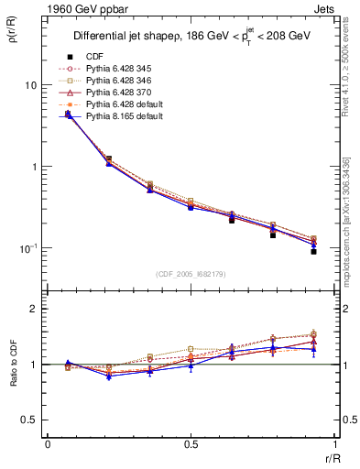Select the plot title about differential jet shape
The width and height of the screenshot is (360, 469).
[190, 37]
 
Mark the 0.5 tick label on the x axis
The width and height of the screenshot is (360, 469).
[191, 445]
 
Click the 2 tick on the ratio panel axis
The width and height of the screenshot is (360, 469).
[37, 310]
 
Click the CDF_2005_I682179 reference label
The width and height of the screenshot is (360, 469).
[191, 273]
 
